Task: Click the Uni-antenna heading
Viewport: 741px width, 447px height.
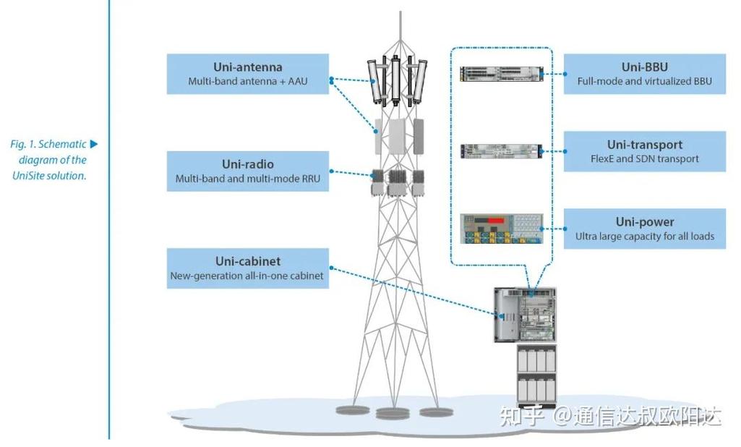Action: click(x=247, y=67)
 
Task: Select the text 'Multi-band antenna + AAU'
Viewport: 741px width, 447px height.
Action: click(x=247, y=82)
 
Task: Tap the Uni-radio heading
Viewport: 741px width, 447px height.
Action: click(x=248, y=164)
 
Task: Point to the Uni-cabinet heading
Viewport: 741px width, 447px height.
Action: click(x=248, y=261)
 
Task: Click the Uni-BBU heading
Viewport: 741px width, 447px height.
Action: click(x=644, y=67)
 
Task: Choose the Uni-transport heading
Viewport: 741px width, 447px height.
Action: click(x=644, y=145)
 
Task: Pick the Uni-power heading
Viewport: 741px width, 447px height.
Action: click(x=644, y=222)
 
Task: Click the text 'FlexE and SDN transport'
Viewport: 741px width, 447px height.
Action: click(x=644, y=159)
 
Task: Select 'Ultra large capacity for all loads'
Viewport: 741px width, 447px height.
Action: click(x=644, y=237)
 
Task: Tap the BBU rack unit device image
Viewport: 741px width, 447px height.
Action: click(x=500, y=74)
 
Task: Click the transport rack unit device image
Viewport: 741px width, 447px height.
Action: click(x=500, y=151)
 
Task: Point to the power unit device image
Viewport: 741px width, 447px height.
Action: click(x=500, y=229)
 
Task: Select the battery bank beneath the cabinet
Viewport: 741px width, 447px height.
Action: click(x=536, y=374)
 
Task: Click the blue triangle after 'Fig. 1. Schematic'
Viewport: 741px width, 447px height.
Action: click(x=93, y=145)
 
